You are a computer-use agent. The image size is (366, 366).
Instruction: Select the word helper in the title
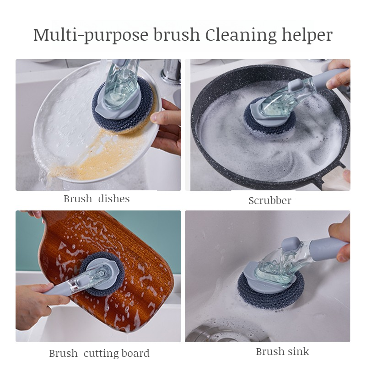[x=305, y=35]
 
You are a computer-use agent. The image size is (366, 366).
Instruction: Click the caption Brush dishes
[x=97, y=199]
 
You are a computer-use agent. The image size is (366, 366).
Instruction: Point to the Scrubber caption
[x=270, y=200]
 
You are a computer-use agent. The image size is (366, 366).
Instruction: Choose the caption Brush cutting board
[x=99, y=353]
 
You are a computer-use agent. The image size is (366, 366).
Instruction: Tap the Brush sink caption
[x=282, y=351]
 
